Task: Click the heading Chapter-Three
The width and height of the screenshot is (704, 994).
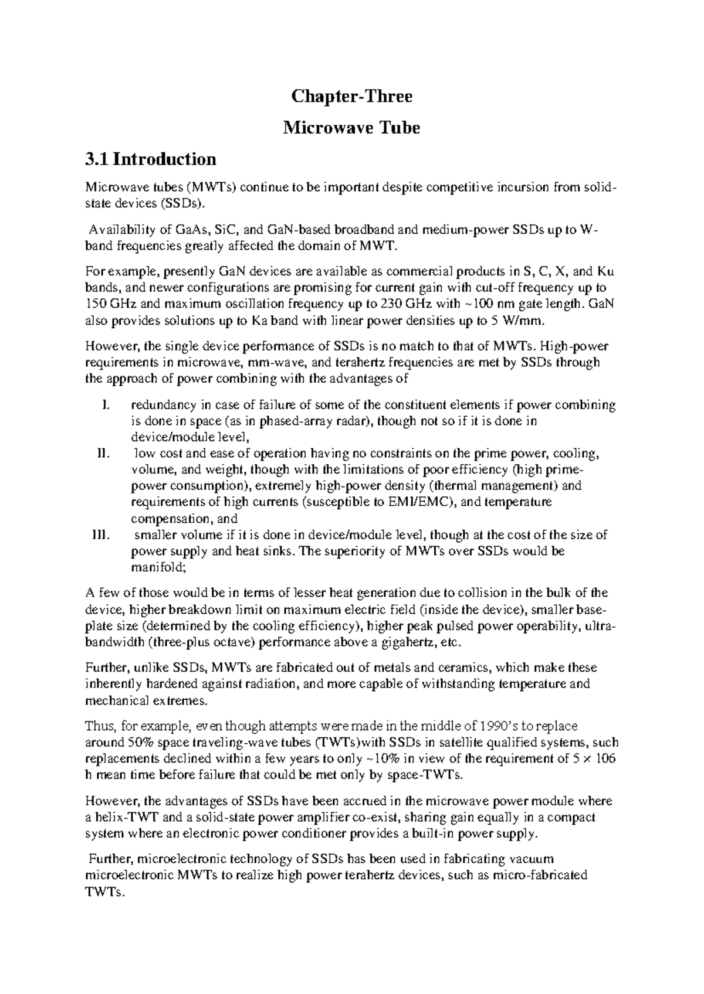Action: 352,97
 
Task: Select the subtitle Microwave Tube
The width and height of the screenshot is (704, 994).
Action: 352,127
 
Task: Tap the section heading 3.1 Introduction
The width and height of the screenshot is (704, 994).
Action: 151,159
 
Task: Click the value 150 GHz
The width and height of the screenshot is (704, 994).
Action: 112,304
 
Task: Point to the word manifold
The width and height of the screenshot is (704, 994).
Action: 157,567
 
